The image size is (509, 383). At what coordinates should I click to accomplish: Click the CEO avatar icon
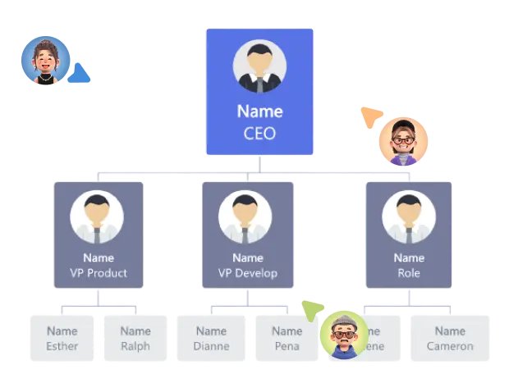[259, 66]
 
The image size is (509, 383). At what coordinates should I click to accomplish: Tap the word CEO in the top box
[259, 133]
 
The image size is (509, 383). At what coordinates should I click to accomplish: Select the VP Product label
[99, 273]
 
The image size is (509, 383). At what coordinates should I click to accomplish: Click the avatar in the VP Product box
[97, 217]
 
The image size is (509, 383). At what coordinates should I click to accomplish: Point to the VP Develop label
[247, 273]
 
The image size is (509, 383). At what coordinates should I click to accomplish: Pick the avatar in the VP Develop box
[245, 217]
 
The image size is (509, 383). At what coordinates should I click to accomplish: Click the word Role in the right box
[409, 273]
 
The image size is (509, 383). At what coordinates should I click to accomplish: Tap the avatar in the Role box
[408, 217]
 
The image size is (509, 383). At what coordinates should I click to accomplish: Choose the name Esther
[62, 346]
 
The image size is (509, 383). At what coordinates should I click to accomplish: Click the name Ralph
[135, 346]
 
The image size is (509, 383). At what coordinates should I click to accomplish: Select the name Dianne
[211, 346]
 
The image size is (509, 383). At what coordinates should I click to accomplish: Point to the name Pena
[287, 346]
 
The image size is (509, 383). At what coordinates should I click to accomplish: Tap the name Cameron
[450, 346]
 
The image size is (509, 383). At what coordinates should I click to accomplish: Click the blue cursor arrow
[80, 75]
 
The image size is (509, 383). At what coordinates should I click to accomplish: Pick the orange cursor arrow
[369, 116]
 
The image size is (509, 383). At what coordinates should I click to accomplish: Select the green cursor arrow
[310, 310]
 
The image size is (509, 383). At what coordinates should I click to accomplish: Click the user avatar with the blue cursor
[45, 60]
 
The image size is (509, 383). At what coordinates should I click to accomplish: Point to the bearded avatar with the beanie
[344, 335]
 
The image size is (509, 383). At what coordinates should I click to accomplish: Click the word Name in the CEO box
[259, 112]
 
